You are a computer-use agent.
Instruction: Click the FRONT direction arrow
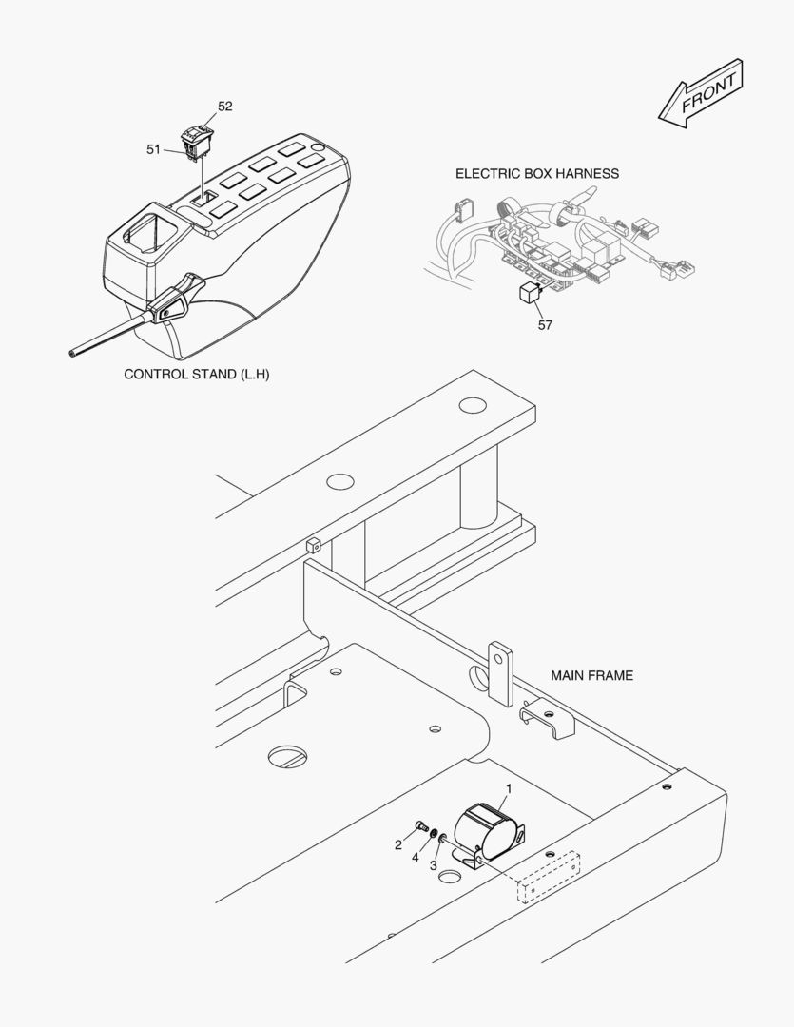(700, 93)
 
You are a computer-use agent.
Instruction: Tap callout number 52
(224, 107)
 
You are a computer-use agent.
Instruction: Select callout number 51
(153, 148)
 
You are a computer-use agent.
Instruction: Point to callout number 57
(545, 324)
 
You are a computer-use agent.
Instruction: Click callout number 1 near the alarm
(509, 788)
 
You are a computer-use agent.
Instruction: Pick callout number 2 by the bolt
(398, 844)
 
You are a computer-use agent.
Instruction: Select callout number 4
(416, 858)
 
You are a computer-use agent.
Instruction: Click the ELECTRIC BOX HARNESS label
(536, 173)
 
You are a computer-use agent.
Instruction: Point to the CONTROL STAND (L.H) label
(197, 374)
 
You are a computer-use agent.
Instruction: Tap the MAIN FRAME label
(591, 675)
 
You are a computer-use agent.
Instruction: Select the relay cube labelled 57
(530, 293)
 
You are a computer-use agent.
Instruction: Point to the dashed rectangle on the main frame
(548, 877)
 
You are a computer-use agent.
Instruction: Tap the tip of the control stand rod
(72, 354)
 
